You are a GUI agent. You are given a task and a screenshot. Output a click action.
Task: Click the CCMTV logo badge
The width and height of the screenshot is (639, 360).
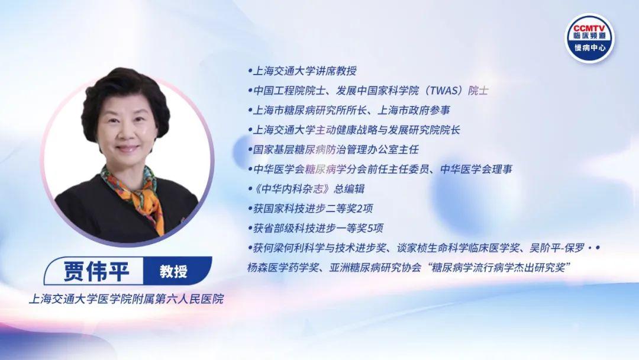589,38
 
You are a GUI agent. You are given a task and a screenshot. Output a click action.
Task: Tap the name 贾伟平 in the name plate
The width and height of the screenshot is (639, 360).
96,271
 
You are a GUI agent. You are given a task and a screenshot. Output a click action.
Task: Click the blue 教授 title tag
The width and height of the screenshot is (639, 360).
173,271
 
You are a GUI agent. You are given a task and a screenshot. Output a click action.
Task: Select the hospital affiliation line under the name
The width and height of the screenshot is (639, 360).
127,299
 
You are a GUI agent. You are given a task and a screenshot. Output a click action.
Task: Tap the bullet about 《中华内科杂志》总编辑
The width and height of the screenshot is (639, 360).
306,189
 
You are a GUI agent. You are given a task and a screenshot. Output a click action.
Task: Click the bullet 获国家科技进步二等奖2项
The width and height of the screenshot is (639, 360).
310,208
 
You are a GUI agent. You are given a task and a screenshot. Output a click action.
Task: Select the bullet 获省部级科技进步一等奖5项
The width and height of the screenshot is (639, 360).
315,228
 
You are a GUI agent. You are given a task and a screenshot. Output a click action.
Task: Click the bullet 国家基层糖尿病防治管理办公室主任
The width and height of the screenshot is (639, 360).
333,150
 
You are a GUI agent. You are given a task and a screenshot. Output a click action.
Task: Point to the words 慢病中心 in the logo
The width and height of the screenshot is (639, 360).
590,48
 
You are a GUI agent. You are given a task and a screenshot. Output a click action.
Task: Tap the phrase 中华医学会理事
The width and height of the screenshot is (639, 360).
476,169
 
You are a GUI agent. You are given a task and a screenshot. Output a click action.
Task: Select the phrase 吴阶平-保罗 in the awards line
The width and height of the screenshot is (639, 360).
557,248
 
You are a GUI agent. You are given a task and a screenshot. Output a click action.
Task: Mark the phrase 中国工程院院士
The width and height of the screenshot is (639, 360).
289,91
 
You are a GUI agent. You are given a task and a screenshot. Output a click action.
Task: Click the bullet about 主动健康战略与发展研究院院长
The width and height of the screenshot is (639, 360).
354,130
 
